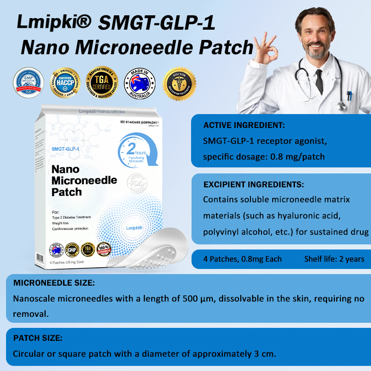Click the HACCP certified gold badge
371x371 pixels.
[65, 83]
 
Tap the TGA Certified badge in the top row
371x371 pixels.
[102, 83]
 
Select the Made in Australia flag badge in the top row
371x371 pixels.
[140, 83]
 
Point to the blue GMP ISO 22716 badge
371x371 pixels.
[28, 83]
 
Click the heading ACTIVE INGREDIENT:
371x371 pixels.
[244, 125]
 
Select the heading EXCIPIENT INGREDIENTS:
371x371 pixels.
[254, 185]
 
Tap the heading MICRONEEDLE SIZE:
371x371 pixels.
[54, 283]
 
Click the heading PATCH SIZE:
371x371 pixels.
[38, 338]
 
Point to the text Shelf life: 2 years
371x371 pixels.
[334, 259]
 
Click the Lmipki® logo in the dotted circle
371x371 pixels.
[134, 228]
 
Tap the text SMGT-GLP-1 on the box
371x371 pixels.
[65, 149]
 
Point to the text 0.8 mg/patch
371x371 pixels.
[301, 156]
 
